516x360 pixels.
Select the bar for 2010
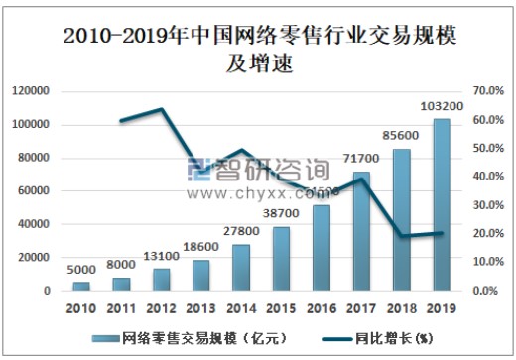pos(81,287)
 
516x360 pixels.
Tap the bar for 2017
pos(361,231)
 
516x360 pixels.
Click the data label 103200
pos(441,106)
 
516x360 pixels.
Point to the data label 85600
pos(401,136)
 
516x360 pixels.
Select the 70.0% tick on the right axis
pos(489,91)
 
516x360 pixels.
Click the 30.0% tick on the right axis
pos(489,205)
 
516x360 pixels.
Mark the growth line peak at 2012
pos(161,109)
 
